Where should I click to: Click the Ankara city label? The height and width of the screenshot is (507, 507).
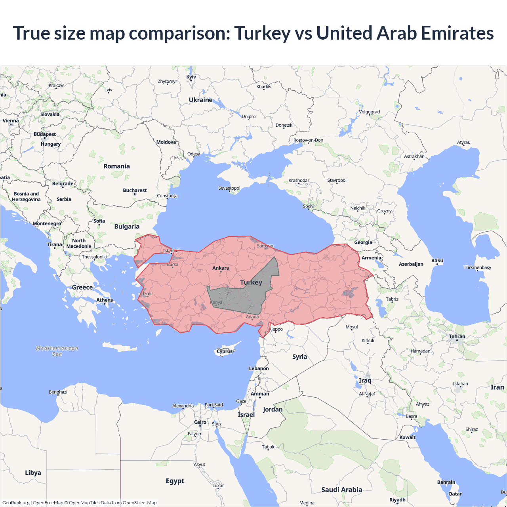(221, 268)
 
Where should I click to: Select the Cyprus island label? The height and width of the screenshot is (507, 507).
(225, 351)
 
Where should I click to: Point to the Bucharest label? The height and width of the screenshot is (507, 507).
(135, 191)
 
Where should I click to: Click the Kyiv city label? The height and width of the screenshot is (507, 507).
(191, 77)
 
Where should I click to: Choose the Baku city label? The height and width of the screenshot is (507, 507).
(437, 261)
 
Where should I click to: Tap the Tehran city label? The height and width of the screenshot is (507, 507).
(457, 336)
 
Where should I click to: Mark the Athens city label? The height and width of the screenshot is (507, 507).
(105, 300)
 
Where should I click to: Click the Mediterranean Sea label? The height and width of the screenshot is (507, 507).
(57, 351)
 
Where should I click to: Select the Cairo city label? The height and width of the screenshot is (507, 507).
(200, 422)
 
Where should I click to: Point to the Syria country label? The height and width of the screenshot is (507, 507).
(299, 356)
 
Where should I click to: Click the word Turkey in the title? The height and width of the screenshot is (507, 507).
(262, 33)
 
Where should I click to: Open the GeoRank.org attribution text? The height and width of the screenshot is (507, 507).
(16, 503)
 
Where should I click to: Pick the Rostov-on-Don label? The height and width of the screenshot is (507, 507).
(308, 140)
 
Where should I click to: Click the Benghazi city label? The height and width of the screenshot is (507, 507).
(58, 392)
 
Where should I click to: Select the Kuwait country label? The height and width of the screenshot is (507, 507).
(408, 437)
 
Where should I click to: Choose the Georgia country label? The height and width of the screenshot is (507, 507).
(363, 242)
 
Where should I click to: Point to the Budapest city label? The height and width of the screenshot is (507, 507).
(45, 134)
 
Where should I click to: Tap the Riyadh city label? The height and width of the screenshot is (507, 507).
(397, 499)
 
